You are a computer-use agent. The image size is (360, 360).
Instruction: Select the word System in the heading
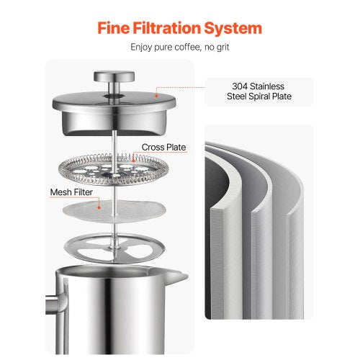236,29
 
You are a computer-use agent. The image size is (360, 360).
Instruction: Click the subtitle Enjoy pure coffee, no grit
179,48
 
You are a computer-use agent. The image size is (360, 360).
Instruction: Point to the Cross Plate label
163,148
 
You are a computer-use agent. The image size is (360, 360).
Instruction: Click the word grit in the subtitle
220,48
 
